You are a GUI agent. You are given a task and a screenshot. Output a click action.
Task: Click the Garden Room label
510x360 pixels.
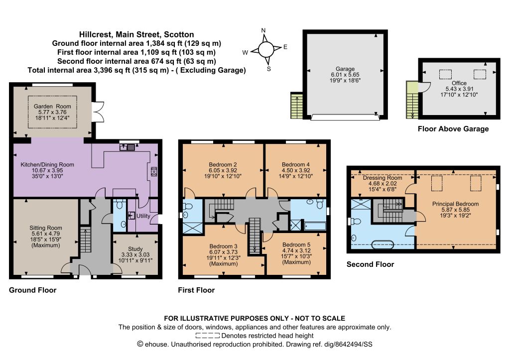coord(52,107)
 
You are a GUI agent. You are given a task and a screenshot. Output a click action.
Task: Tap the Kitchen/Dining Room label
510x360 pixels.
coord(47,164)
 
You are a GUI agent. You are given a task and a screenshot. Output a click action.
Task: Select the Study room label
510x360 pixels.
coord(135,249)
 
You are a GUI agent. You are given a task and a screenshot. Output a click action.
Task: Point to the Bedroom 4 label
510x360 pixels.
coord(296,164)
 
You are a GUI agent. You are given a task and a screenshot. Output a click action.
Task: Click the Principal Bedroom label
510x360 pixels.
coord(455,204)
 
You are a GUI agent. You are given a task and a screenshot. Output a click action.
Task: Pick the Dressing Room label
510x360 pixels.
coord(382,178)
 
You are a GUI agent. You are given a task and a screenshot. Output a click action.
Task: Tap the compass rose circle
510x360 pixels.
coord(266,49)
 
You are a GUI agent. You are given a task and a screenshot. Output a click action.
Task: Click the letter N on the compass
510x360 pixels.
coord(263,30)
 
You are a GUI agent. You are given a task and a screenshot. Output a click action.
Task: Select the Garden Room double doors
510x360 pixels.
coord(98,112)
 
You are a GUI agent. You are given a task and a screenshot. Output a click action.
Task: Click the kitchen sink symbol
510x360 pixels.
coord(127,147)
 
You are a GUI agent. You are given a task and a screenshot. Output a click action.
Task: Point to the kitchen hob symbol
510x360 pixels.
coord(154,171)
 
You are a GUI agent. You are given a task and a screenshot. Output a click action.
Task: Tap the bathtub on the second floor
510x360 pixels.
coord(382,244)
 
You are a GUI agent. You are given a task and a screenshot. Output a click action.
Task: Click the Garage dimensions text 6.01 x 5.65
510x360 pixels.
coord(345,75)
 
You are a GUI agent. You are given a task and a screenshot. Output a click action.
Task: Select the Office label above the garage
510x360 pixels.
coord(459,83)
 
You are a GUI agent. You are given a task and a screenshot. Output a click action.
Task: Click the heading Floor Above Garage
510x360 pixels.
coord(453,129)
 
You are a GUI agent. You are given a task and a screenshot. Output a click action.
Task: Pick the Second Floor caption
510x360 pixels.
coord(370,264)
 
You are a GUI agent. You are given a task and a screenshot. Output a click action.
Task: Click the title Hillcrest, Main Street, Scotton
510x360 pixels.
coord(136,34)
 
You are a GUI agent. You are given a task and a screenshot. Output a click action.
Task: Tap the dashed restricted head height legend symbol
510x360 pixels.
coord(208,336)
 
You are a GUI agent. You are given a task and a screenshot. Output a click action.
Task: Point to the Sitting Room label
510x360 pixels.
coord(45,228)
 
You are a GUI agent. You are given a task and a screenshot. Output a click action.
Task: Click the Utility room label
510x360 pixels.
coord(143,216)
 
